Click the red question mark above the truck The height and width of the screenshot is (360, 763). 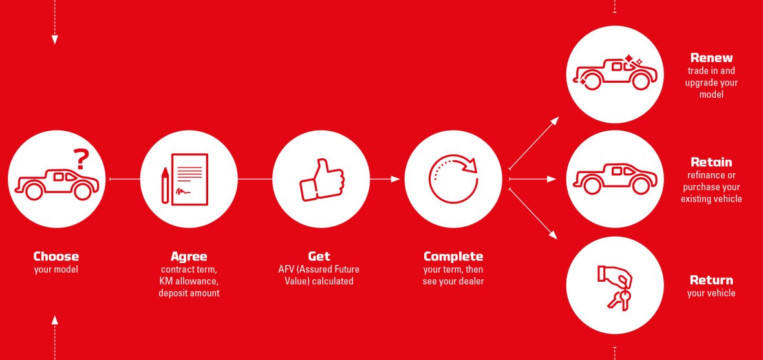(81, 159)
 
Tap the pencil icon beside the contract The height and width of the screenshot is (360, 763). (165, 185)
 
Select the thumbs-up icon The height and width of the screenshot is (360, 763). (321, 180)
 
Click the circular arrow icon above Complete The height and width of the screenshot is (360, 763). (453, 179)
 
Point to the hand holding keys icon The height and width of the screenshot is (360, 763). (614, 287)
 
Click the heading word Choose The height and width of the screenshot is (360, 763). (56, 257)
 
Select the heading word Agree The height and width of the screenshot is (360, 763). (189, 257)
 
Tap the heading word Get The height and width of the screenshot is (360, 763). (319, 257)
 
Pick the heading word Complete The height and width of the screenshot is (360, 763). (453, 257)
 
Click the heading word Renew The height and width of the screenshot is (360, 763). (711, 58)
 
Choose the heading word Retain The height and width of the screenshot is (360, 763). (711, 162)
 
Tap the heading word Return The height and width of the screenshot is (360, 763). (711, 281)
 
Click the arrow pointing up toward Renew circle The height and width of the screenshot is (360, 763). (534, 143)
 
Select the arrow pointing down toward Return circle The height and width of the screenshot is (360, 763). (533, 214)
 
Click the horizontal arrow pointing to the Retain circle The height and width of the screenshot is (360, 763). (532, 180)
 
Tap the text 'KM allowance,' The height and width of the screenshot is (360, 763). (189, 281)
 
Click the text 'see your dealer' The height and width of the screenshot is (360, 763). (453, 281)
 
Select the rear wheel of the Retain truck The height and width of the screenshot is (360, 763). (592, 185)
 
